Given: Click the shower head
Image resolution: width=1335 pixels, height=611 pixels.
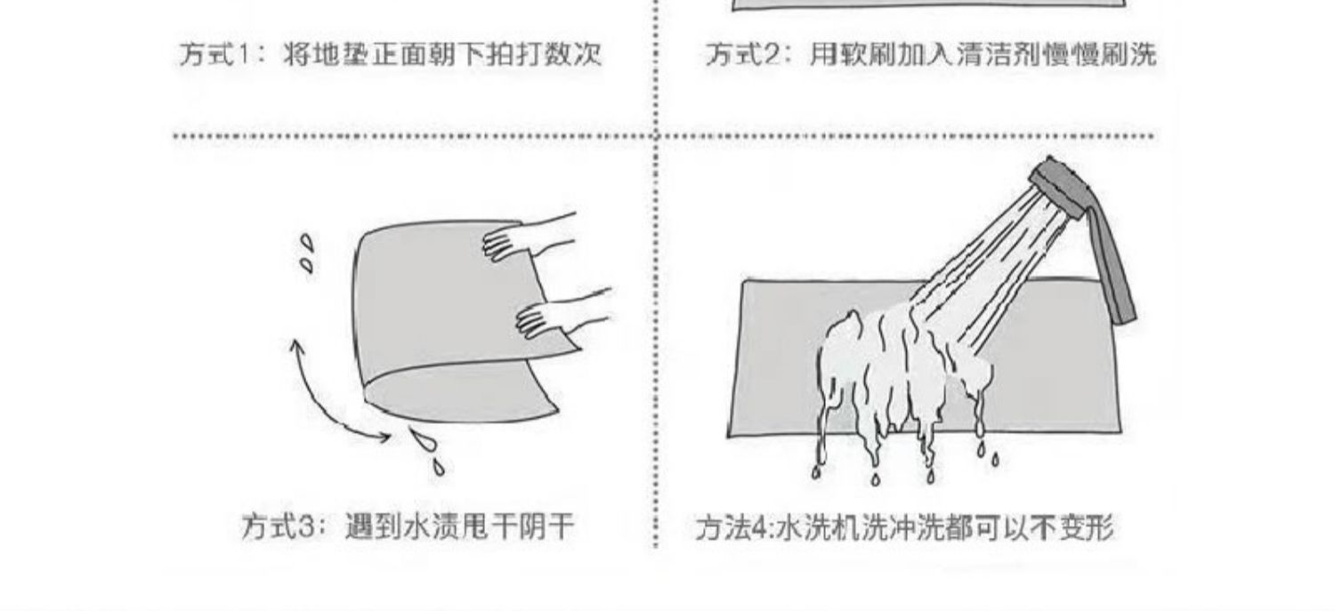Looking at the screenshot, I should [x=1057, y=187].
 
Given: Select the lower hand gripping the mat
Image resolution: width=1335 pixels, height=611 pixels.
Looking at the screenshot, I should [x=556, y=316].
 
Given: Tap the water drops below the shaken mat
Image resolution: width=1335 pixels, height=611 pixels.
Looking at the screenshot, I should [x=427, y=449].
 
